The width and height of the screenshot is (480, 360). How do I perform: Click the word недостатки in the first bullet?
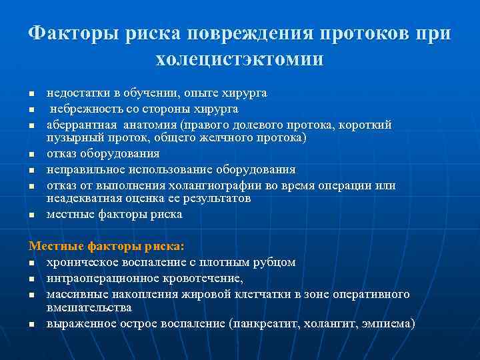coord(75,93)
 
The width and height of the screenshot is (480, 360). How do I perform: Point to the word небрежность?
coord(83,109)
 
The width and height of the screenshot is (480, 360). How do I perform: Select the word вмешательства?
coord(89,307)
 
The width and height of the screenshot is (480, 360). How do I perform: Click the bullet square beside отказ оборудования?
coord(31,155)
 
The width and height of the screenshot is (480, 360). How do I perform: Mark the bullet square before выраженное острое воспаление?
coord(31,325)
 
